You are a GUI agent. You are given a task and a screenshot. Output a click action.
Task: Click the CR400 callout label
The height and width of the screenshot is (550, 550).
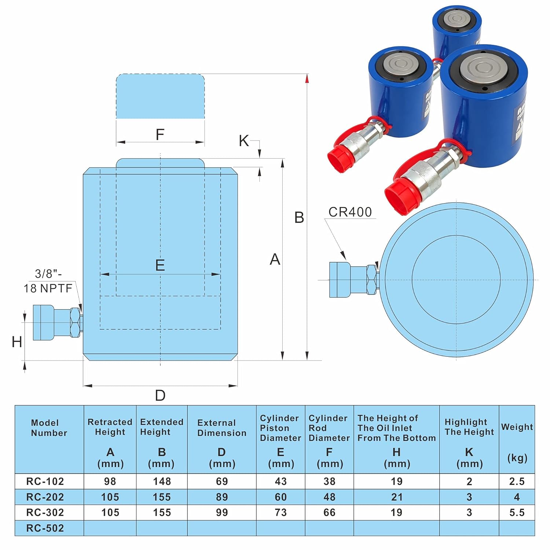[x=350, y=212]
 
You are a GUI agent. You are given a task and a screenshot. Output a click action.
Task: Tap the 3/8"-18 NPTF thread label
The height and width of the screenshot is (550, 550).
[x=48, y=281]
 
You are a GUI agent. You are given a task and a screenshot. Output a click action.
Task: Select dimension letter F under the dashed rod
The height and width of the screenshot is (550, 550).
[x=160, y=135]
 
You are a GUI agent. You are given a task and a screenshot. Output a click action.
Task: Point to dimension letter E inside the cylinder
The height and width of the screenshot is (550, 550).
[x=160, y=265]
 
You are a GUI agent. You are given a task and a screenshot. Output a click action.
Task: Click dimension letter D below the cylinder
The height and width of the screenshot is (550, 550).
[x=160, y=396]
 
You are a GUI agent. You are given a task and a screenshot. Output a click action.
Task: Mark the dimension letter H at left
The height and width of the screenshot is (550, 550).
[x=17, y=342]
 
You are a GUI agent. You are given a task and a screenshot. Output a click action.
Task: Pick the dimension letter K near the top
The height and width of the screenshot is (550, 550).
[x=243, y=141]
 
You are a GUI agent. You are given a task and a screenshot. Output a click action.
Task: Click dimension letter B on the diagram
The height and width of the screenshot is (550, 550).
[x=299, y=217]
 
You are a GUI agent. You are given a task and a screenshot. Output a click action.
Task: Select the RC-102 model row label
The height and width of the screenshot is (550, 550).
[x=45, y=481]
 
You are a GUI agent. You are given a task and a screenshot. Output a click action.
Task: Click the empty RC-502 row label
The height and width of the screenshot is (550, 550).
[x=45, y=528]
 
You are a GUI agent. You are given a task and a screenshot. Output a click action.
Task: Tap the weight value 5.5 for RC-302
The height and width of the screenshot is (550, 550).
[x=517, y=512]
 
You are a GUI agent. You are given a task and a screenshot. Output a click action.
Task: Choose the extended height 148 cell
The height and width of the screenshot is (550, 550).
[x=162, y=481]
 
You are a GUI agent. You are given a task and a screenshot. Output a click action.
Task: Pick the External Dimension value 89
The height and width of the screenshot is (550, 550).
[x=222, y=497]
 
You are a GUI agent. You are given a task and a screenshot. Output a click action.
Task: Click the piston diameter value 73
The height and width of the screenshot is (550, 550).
[x=280, y=512]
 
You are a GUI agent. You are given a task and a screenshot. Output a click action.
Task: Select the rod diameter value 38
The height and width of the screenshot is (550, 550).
[x=329, y=481]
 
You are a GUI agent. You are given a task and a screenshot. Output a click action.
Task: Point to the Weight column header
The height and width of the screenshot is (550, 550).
[x=517, y=427]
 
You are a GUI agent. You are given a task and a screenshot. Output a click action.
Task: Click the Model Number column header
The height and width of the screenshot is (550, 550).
[x=49, y=428]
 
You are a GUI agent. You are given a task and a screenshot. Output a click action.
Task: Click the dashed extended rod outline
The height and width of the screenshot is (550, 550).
[x=160, y=96]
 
